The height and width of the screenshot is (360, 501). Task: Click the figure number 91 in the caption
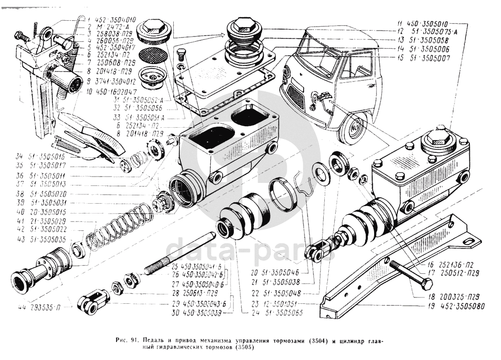coord(136,340)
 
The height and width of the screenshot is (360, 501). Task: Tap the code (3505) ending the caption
coord(240,347)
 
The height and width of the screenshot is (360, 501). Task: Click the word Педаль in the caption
coord(157,340)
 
